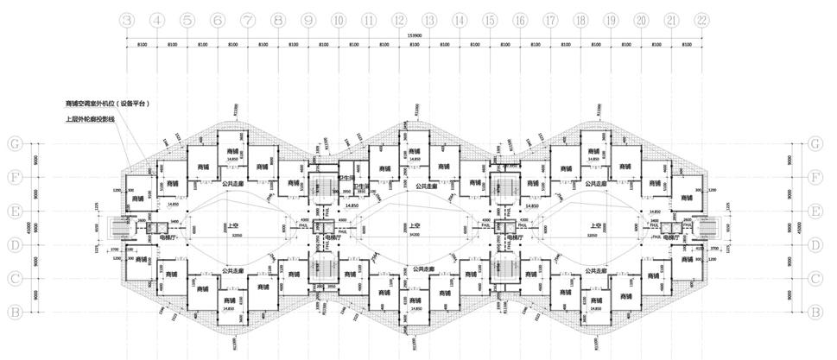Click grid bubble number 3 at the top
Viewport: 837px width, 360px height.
point(127,20)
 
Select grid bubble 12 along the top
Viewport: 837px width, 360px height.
point(398,20)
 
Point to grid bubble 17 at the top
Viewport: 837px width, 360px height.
point(549,20)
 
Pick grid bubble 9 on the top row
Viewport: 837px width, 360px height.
point(308,20)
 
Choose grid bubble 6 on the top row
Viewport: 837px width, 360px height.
point(218,20)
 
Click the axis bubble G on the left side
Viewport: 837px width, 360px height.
point(15,144)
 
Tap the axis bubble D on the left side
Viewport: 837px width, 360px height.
point(15,245)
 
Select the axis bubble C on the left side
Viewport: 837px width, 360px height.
point(15,279)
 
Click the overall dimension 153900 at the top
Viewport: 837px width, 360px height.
point(414,35)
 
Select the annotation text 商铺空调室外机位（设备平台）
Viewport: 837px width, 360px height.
point(107,103)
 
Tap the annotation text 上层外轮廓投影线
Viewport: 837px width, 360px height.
point(89,119)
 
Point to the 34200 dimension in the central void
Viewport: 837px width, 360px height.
point(415,236)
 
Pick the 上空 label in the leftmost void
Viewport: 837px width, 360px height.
point(232,227)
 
